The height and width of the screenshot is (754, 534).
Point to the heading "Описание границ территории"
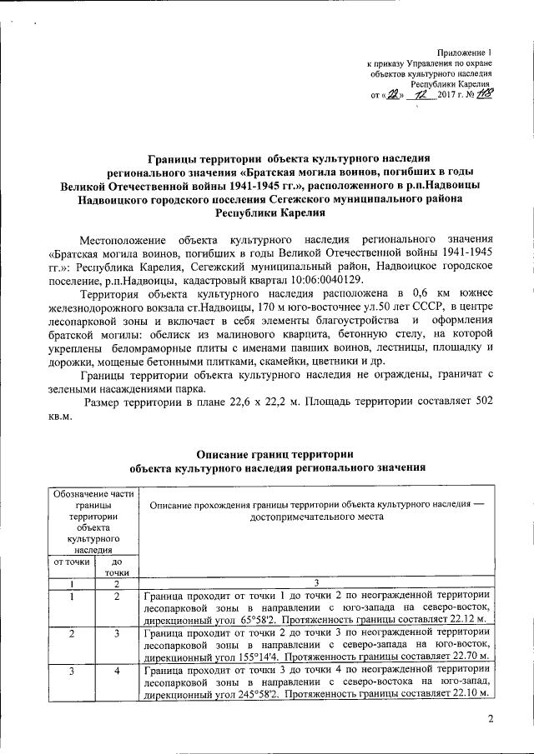pyautogui.click(x=275, y=455)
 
